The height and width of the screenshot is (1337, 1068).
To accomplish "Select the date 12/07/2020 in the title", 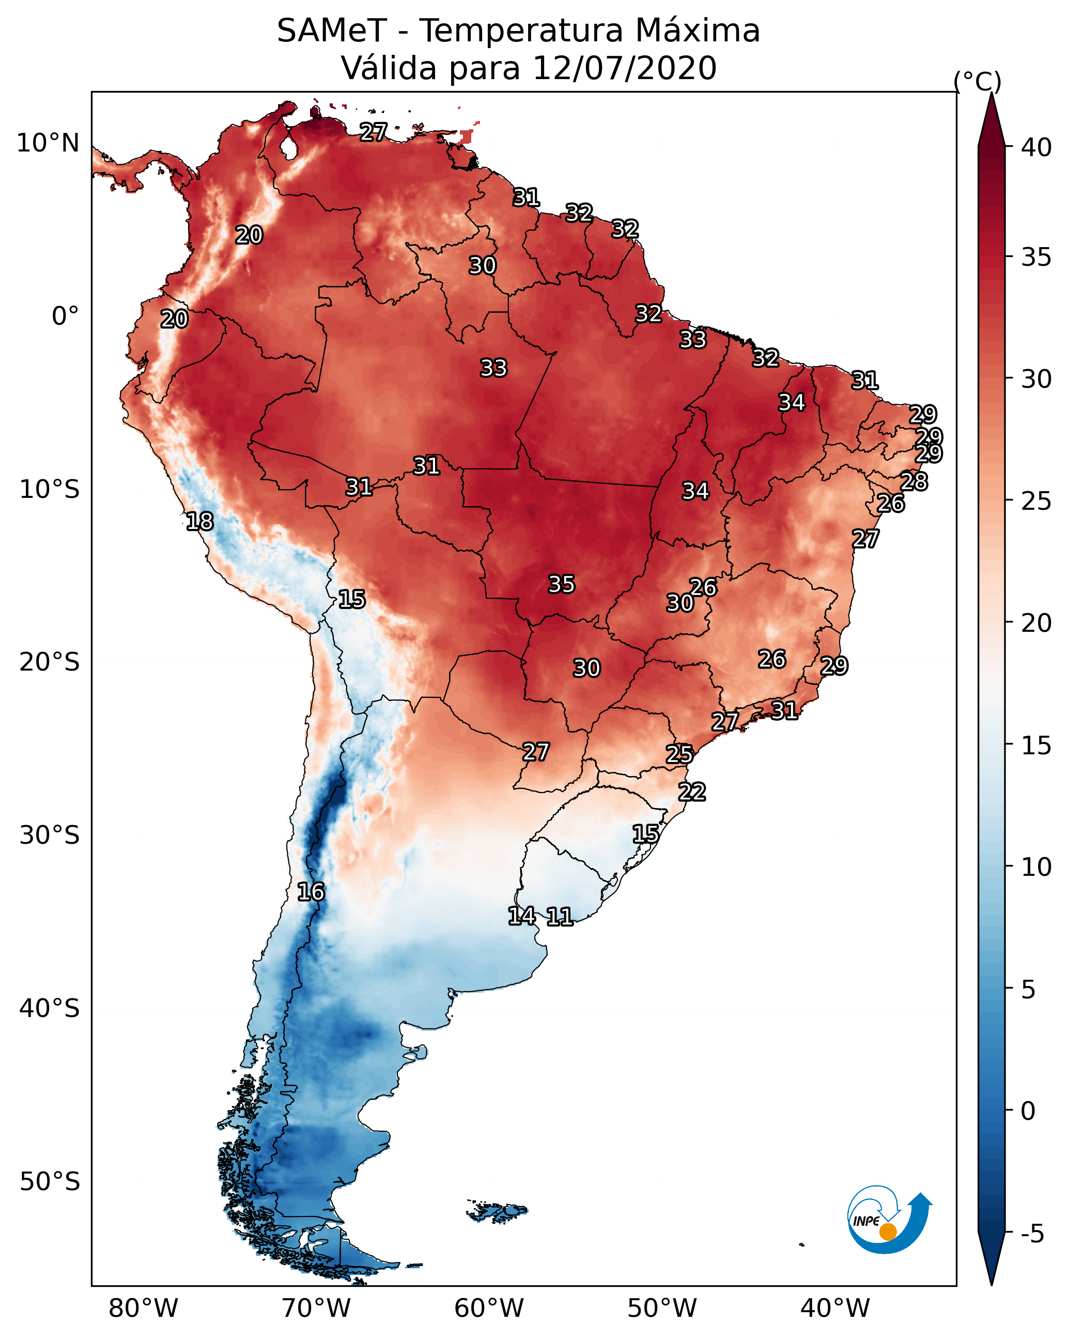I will coord(624,68).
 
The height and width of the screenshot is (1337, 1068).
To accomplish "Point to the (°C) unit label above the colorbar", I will coord(977,81).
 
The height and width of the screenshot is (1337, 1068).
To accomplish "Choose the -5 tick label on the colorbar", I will coord(1032,1234).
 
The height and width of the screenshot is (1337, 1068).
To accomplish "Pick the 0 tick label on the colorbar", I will coord(1028,1111).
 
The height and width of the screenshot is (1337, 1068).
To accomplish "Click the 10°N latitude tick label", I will coord(48,143).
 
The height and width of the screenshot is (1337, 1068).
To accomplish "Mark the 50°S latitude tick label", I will coord(50,1182).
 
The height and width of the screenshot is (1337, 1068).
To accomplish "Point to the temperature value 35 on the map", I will coord(562,584).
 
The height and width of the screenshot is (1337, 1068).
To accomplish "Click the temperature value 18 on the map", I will coord(199,522).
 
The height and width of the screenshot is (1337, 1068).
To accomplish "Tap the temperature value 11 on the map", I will coord(559,917).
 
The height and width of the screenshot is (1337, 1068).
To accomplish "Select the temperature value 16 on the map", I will coord(311,892).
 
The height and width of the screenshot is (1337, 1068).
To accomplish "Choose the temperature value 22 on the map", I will coord(692,792).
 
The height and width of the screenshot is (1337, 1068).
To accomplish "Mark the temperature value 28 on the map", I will coord(914,481).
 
